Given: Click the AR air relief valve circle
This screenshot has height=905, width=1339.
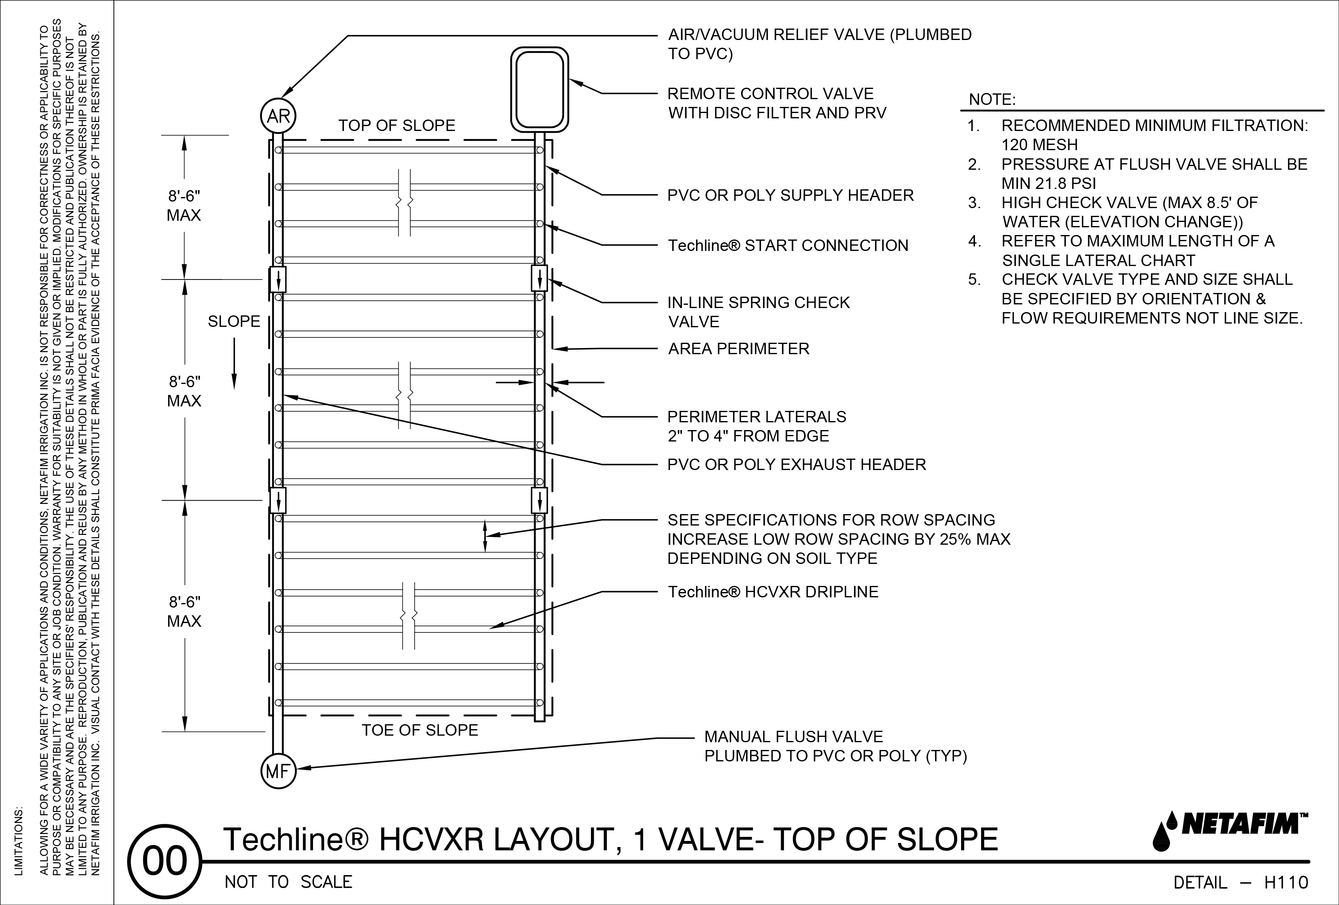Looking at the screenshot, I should (x=278, y=117).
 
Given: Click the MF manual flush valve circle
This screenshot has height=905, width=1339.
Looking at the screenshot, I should (x=278, y=771).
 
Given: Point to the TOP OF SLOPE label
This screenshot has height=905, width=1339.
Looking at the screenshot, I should (x=396, y=126).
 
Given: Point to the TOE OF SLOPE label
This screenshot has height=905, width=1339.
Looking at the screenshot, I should (x=420, y=730).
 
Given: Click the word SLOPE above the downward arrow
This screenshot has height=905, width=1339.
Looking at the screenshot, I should (x=234, y=322).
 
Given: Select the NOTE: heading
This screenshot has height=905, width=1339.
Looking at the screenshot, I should (x=992, y=100).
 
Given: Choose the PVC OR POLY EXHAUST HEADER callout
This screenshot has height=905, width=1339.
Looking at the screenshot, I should (x=796, y=464).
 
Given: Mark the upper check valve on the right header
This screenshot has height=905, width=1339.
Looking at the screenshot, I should (x=539, y=279).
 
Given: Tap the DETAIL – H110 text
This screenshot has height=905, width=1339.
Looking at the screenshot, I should (x=1241, y=883).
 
